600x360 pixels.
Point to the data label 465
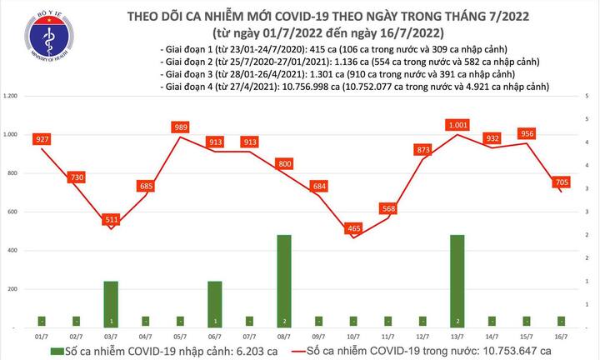(354, 227)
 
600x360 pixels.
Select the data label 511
(110, 220)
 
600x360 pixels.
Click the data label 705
(562, 182)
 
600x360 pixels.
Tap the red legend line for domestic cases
(297, 348)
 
